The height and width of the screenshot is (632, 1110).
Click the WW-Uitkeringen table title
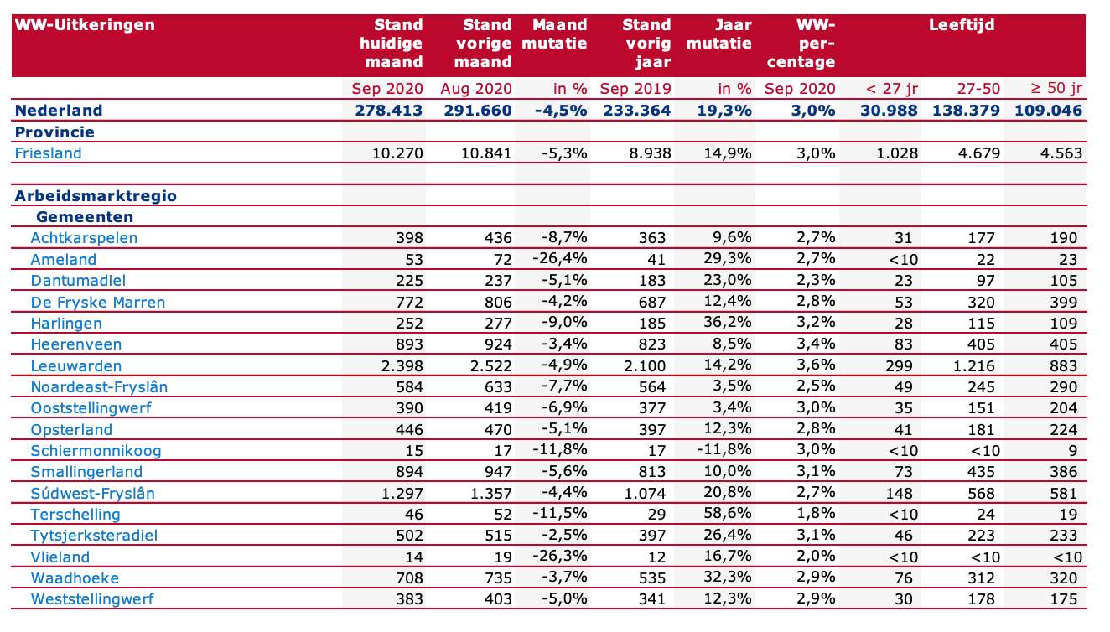click(85, 25)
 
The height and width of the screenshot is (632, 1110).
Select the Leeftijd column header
click(962, 25)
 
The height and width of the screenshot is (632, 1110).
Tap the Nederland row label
click(59, 110)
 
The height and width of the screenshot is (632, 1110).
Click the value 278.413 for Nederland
click(388, 110)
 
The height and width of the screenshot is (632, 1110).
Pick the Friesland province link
click(48, 153)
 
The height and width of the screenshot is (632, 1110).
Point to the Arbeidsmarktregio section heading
click(96, 195)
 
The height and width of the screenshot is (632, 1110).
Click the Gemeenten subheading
click(85, 216)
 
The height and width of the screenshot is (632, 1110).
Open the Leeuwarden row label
click(75, 366)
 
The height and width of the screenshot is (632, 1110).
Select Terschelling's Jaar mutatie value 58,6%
click(727, 514)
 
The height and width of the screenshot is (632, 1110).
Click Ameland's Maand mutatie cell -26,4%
click(559, 258)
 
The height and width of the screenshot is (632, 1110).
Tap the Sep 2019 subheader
click(635, 89)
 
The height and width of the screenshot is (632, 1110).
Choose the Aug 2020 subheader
click(475, 89)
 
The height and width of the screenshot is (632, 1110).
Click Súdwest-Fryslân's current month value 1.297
click(402, 494)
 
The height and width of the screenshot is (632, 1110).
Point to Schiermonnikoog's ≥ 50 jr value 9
click(1073, 451)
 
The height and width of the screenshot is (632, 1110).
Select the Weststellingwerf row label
click(92, 599)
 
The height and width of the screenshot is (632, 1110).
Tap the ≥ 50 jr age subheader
click(1056, 89)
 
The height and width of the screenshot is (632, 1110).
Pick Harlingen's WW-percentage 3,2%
click(816, 323)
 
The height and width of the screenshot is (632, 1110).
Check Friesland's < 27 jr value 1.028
click(897, 153)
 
